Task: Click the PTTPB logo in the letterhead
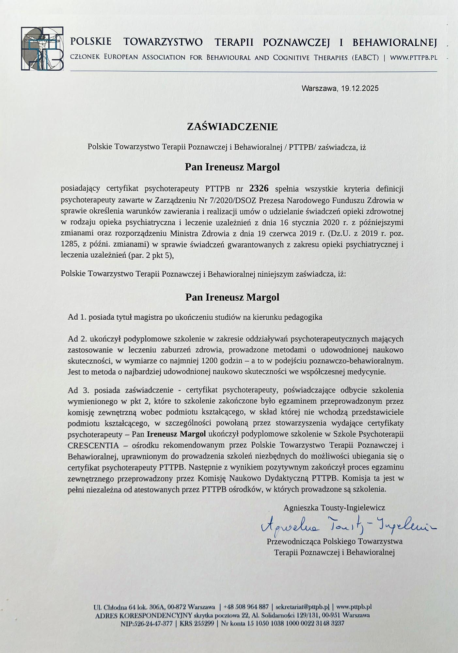pyautogui.click(x=42, y=48)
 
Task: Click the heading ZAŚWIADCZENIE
pyautogui.click(x=232, y=127)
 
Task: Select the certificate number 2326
pyautogui.click(x=259, y=188)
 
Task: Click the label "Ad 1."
pyautogui.click(x=77, y=317)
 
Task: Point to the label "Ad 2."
pyautogui.click(x=77, y=339)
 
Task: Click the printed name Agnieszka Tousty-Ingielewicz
pyautogui.click(x=334, y=508)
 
